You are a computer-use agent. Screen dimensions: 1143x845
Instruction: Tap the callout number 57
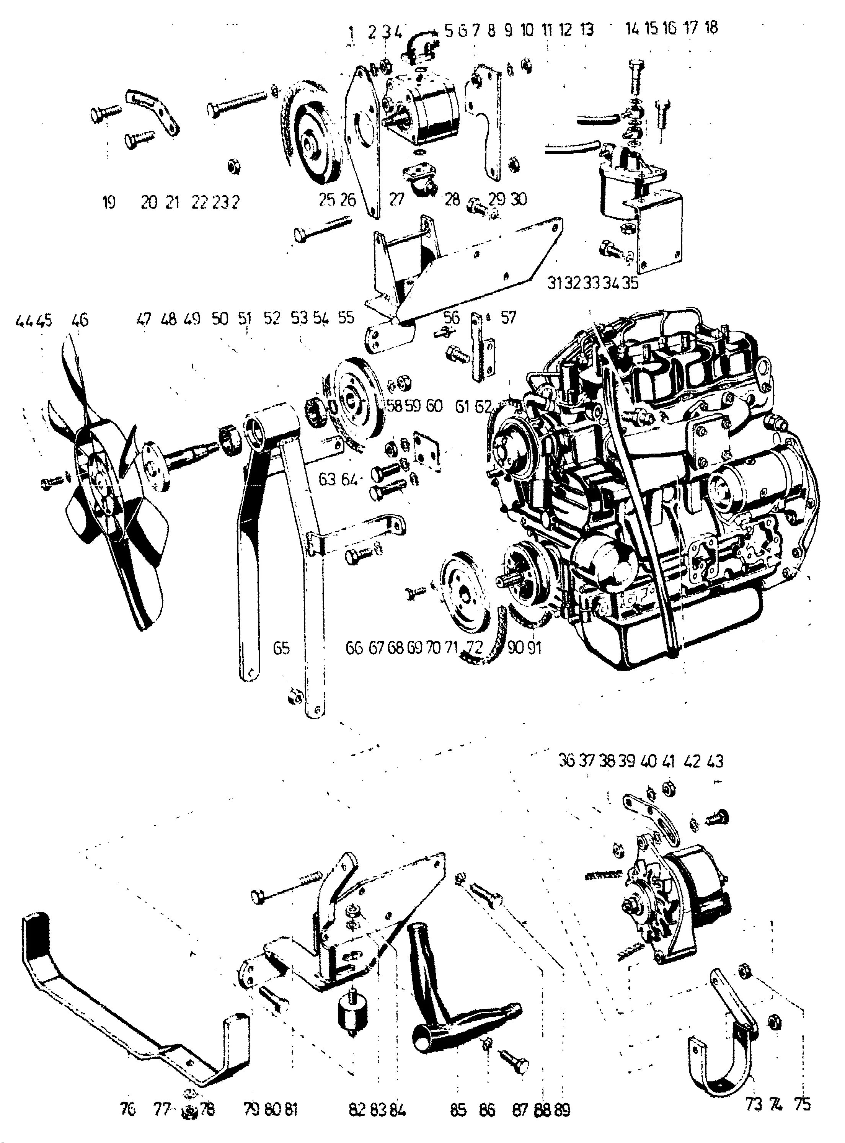(509, 318)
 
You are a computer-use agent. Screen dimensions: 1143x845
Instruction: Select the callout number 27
(397, 199)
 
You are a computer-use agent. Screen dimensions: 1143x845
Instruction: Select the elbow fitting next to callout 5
(419, 49)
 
